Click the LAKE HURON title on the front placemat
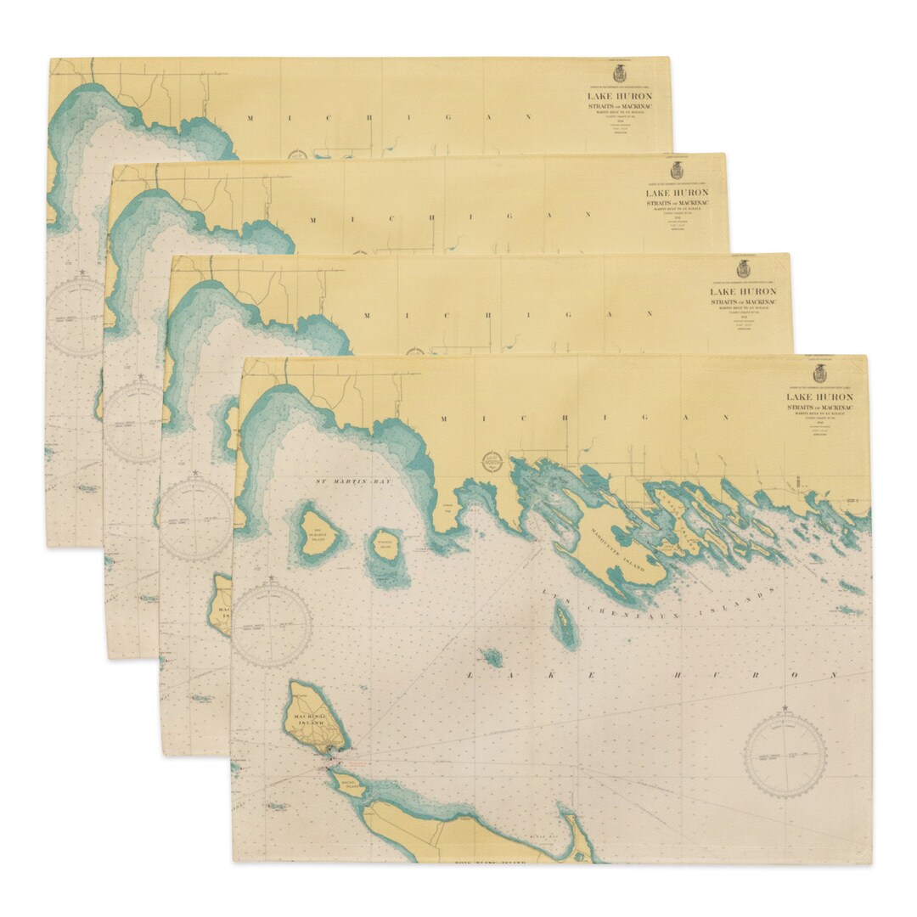(x=819, y=397)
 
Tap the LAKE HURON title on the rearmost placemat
(x=620, y=96)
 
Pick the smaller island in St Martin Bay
(x=385, y=549)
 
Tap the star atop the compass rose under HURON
(x=785, y=708)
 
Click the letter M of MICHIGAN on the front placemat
(x=443, y=419)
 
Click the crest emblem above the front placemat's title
(x=819, y=374)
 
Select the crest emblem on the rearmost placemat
(x=619, y=74)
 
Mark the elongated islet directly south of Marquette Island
(x=564, y=628)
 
